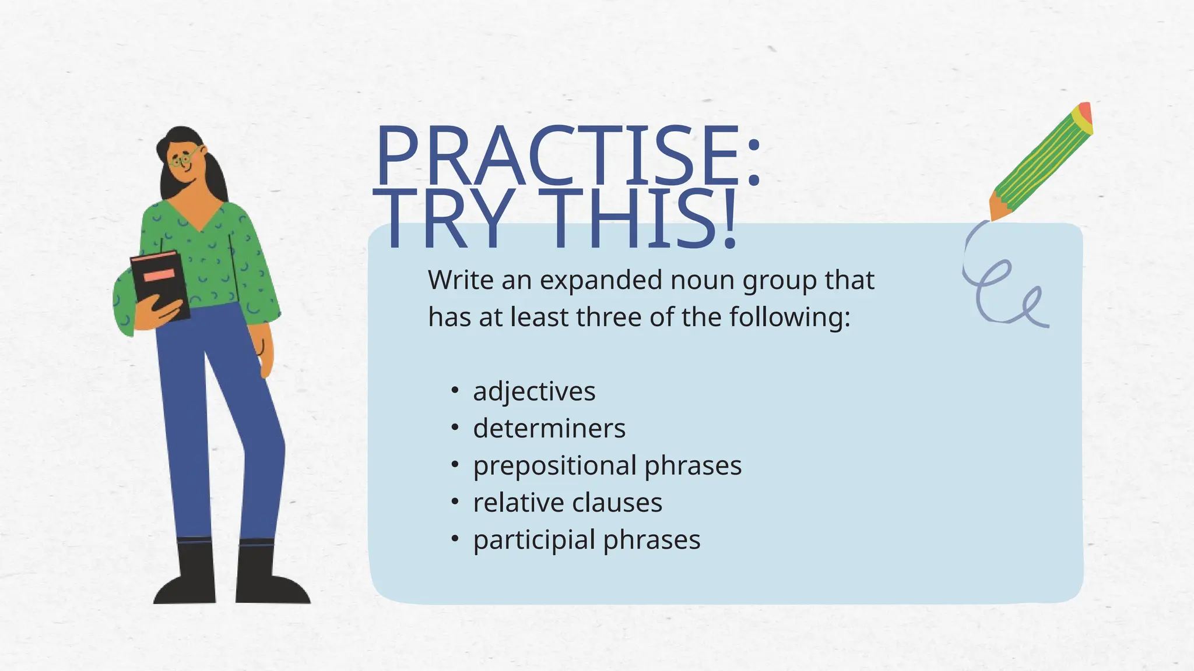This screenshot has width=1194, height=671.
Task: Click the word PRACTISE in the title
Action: (560, 156)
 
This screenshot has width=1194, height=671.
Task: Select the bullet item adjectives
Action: (534, 391)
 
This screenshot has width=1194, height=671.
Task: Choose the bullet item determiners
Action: (549, 428)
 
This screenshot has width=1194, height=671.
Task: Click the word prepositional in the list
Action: (554, 465)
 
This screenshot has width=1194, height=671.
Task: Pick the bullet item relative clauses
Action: (567, 503)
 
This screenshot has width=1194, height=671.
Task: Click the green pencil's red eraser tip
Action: (1085, 111)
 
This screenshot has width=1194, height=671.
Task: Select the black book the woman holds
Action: (160, 285)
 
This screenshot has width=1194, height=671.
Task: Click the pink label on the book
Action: (159, 274)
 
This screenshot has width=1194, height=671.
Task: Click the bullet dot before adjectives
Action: (455, 390)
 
